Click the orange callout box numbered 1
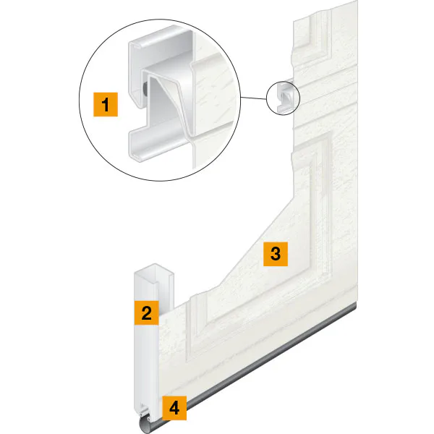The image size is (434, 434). pos(106,105)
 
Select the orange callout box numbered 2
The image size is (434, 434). pos(146,312)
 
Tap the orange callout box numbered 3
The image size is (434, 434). pos(276,254)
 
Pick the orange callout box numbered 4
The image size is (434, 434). pos(174,408)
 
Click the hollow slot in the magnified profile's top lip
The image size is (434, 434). pos(136,46)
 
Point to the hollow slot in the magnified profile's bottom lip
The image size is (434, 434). pos(137,157)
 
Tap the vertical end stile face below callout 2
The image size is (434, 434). pos(146,365)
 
